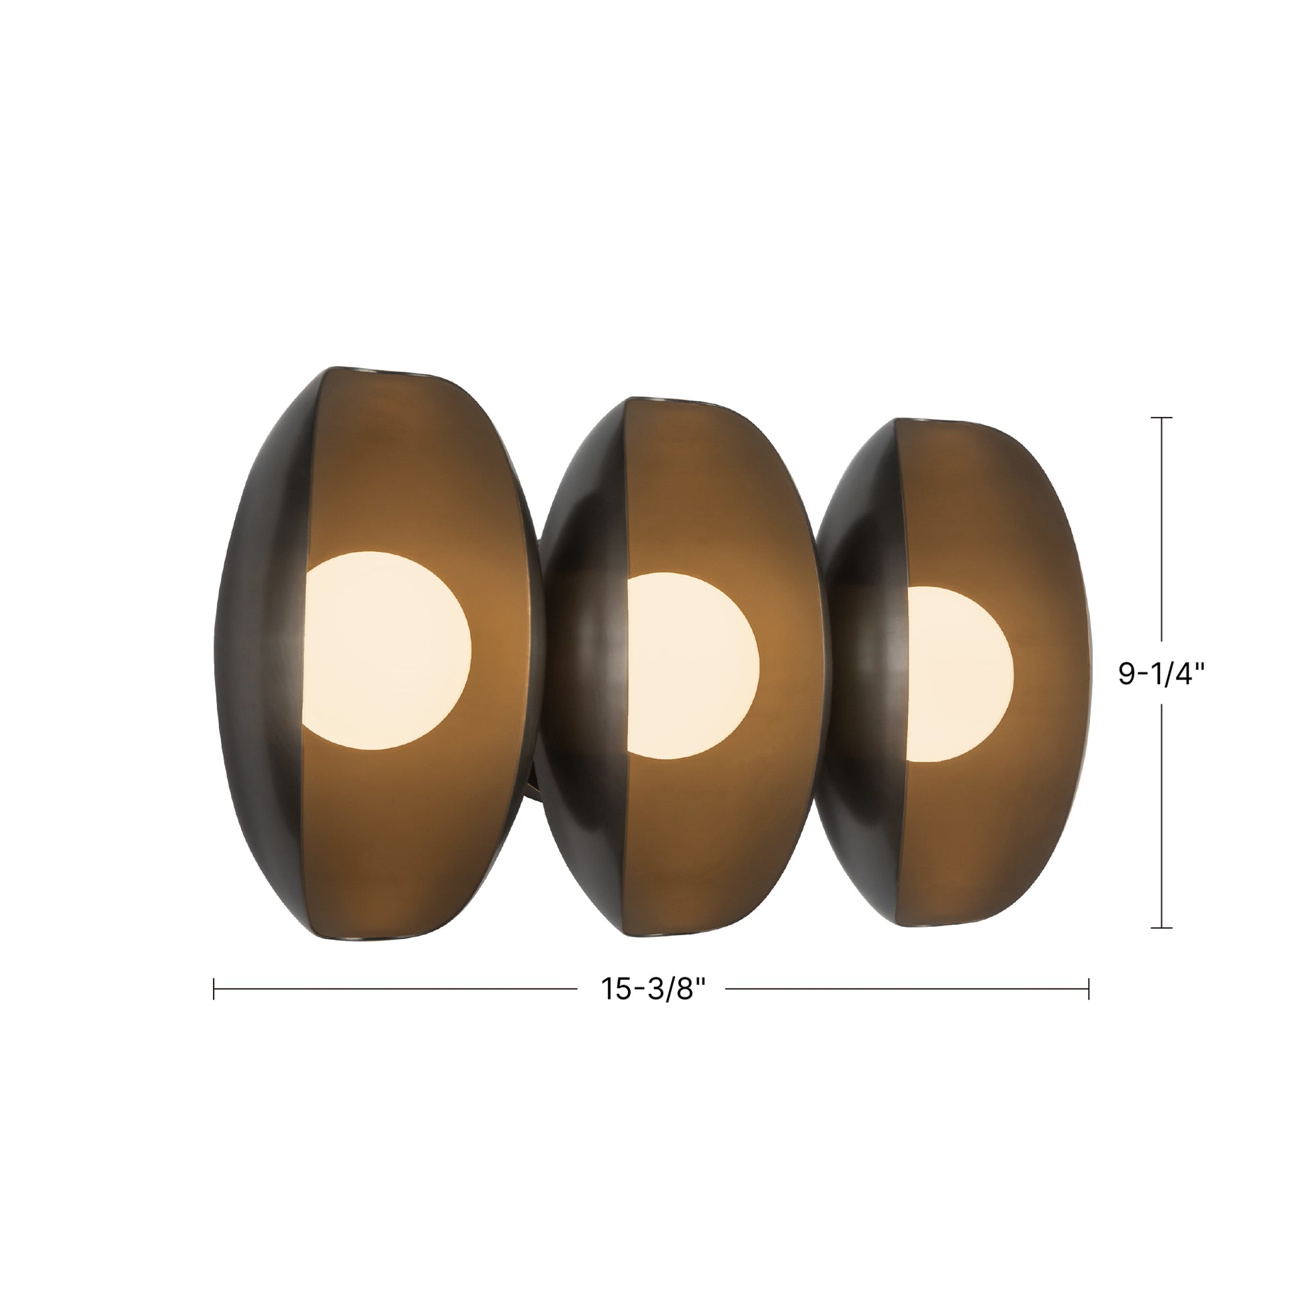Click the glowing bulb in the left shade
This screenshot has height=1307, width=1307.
[x=386, y=650]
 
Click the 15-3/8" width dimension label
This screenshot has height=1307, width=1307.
[x=653, y=989]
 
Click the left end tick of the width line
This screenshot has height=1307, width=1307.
[x=214, y=989]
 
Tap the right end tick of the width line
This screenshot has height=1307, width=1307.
[x=1089, y=989]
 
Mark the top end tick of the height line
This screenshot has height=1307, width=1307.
[x=1161, y=418]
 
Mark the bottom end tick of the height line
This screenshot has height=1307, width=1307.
[x=1161, y=928]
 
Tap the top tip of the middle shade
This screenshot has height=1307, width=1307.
[x=649, y=399]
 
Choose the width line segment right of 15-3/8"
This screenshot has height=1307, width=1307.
[x=907, y=989]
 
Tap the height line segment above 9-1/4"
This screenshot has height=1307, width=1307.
[x=1161, y=528]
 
